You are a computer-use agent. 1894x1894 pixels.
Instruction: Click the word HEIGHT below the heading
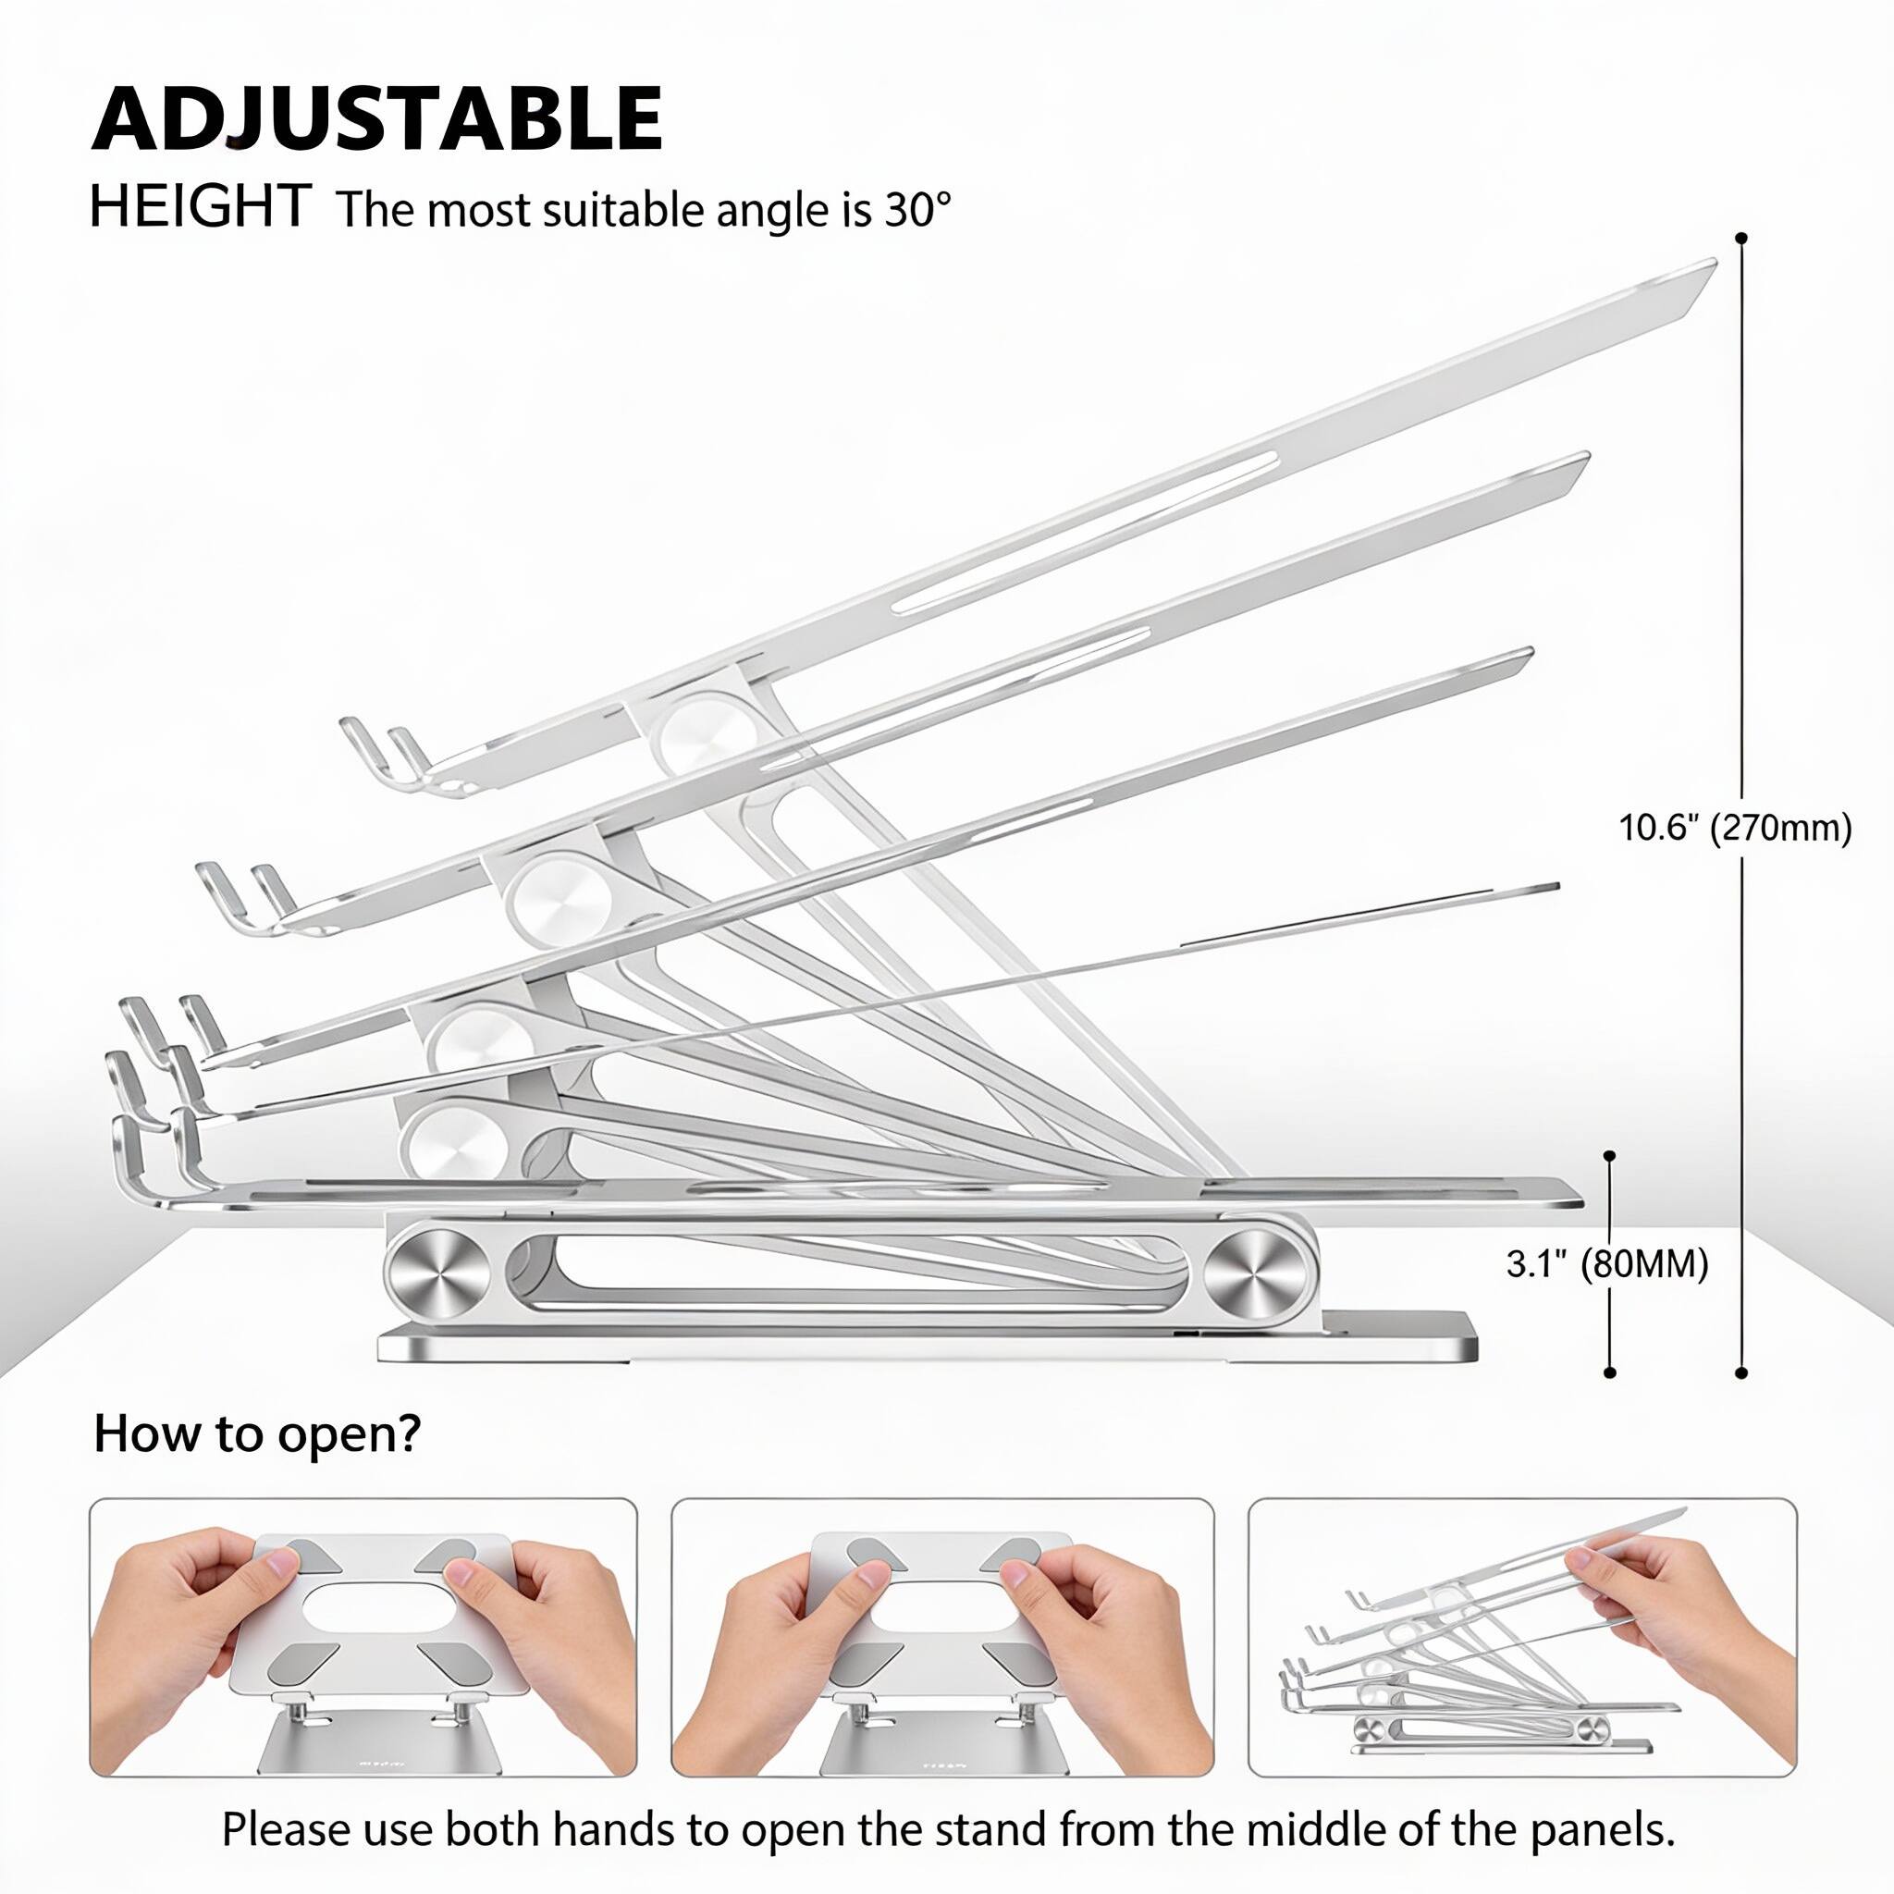pyautogui.click(x=199, y=207)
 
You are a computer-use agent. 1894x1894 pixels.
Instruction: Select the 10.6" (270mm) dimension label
pyautogui.click(x=1734, y=829)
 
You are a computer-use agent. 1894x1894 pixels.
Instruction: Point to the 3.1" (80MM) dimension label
pyautogui.click(x=1606, y=1264)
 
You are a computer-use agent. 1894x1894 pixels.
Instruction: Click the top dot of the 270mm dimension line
pyautogui.click(x=1741, y=239)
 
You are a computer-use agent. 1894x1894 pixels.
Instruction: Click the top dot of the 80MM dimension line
pyautogui.click(x=1610, y=1157)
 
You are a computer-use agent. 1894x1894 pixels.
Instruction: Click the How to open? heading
pyautogui.click(x=257, y=1433)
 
